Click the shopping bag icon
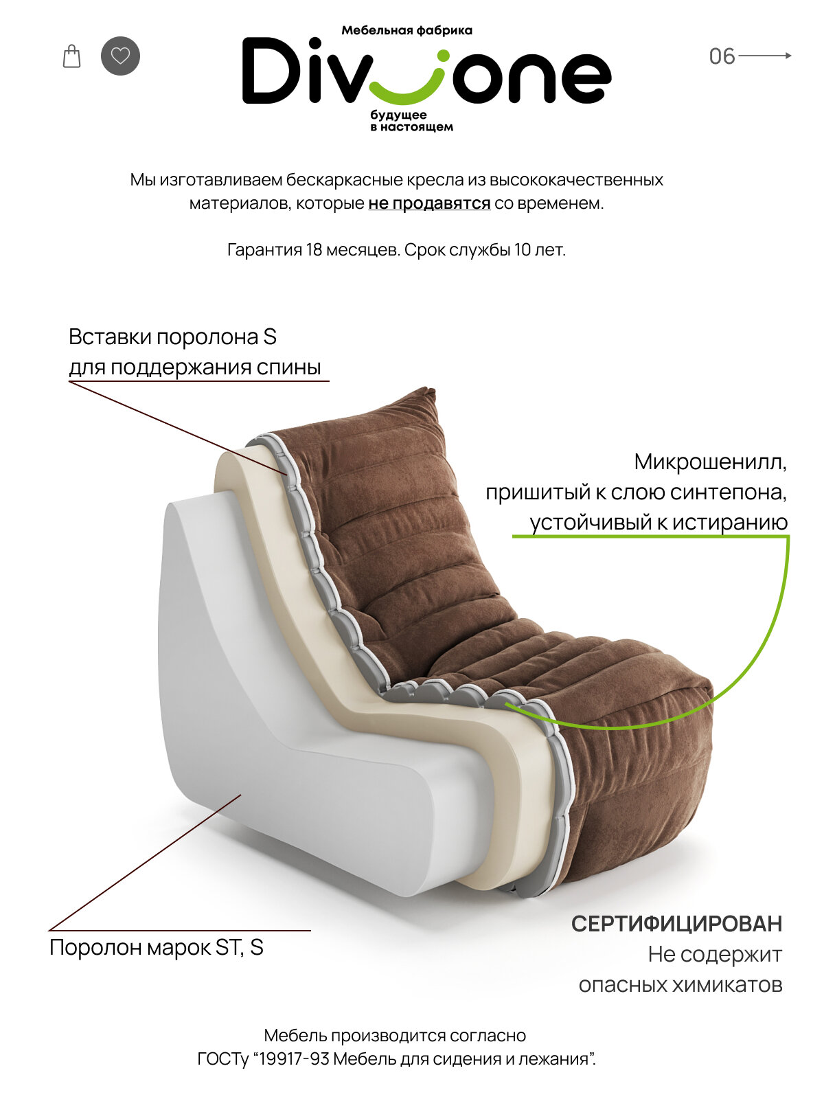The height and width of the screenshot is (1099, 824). [x=71, y=56]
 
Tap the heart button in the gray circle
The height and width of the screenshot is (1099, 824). [x=120, y=56]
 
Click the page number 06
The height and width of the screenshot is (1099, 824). [x=722, y=56]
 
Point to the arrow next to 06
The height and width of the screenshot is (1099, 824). [x=765, y=56]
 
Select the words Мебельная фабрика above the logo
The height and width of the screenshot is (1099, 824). [x=407, y=30]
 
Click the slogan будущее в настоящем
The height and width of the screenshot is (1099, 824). [x=411, y=121]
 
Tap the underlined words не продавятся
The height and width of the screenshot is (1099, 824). [x=429, y=203]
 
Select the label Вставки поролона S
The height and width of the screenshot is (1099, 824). [x=172, y=337]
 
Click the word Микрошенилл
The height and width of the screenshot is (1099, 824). [x=710, y=462]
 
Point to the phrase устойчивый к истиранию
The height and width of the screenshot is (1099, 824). [x=659, y=522]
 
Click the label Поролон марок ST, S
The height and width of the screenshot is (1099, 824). [x=157, y=948]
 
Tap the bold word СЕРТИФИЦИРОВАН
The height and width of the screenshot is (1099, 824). [x=676, y=924]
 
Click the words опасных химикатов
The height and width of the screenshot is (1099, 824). [x=680, y=985]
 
